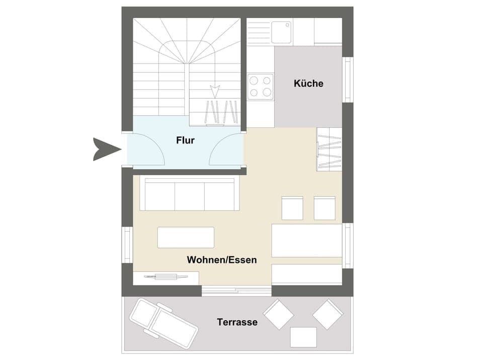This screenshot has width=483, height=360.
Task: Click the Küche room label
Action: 308,84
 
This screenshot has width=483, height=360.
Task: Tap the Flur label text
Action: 185,140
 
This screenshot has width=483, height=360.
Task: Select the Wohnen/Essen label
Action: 222,260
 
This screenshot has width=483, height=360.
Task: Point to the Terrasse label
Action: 237,322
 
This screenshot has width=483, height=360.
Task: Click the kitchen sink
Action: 281,32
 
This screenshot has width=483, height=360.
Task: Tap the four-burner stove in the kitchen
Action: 261,86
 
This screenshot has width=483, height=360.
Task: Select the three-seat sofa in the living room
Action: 187,194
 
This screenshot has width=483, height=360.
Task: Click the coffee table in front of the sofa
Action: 186,237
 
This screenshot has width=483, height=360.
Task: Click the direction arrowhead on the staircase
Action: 215,91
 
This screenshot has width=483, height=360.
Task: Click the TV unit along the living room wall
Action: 166,277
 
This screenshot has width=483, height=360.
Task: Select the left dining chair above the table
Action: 292,208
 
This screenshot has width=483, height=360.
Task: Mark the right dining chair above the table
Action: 325,208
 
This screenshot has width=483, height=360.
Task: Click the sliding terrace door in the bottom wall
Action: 236,291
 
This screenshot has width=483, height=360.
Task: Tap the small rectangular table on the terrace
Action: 303,337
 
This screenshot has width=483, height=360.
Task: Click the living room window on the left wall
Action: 127,245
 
